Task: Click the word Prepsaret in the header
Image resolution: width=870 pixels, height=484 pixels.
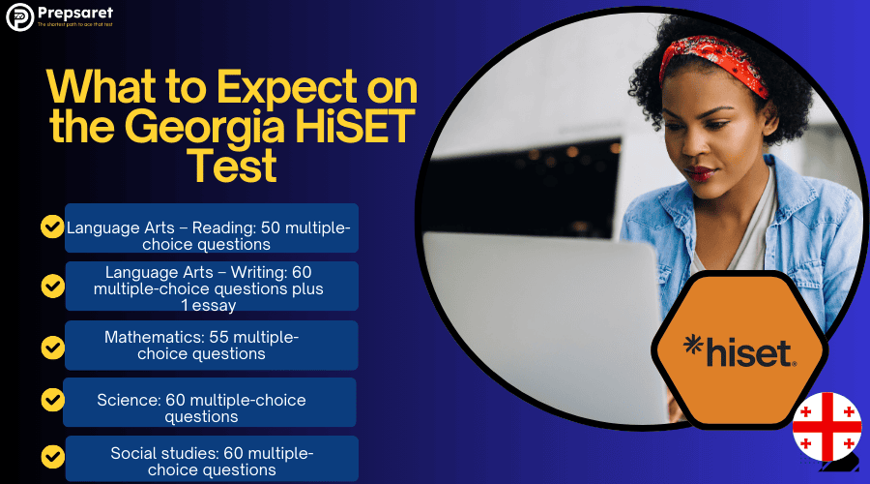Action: click(x=74, y=13)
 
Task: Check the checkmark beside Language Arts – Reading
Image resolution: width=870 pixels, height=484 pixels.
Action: click(x=51, y=227)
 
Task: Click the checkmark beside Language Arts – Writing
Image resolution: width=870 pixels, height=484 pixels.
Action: click(x=51, y=286)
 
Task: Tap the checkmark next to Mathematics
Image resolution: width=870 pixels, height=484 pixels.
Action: click(x=51, y=346)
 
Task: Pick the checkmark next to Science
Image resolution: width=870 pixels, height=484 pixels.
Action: click(x=51, y=399)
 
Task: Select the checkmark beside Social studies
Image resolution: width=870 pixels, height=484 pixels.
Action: click(x=51, y=454)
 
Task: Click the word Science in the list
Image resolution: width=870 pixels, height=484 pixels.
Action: click(x=127, y=400)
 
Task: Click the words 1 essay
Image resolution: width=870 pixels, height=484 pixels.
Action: click(x=208, y=305)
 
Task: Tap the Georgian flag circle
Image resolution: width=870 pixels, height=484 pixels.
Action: click(x=826, y=426)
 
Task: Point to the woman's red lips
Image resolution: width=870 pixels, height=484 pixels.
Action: click(x=699, y=174)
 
